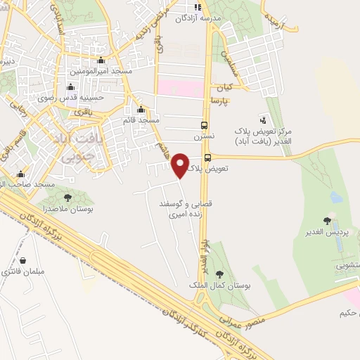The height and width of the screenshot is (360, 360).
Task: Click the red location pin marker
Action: coord(181,165)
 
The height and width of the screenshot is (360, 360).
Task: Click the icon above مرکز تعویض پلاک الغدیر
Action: coord(263,120)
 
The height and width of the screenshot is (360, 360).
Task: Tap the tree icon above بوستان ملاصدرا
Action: coord(67,198)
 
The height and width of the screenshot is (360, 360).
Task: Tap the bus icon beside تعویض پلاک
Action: coord(207,157)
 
